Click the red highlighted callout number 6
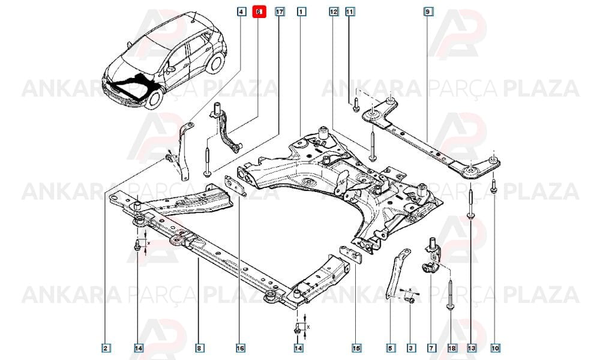click(x=259, y=12)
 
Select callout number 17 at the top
click(x=280, y=12)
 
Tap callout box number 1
click(x=302, y=12)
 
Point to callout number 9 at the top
click(x=428, y=12)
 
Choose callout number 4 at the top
click(x=241, y=12)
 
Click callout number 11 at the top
click(x=349, y=12)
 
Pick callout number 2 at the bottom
click(x=106, y=348)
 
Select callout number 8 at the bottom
click(x=199, y=348)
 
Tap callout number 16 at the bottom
click(x=241, y=348)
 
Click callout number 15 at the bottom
click(x=356, y=348)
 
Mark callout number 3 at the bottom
click(x=410, y=348)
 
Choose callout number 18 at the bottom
click(x=452, y=348)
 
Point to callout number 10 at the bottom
click(x=495, y=348)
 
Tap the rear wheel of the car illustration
click(x=215, y=63)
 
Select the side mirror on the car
click(x=170, y=69)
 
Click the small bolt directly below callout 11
click(x=356, y=104)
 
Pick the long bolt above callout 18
click(x=451, y=294)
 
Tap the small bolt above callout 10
click(x=494, y=185)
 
